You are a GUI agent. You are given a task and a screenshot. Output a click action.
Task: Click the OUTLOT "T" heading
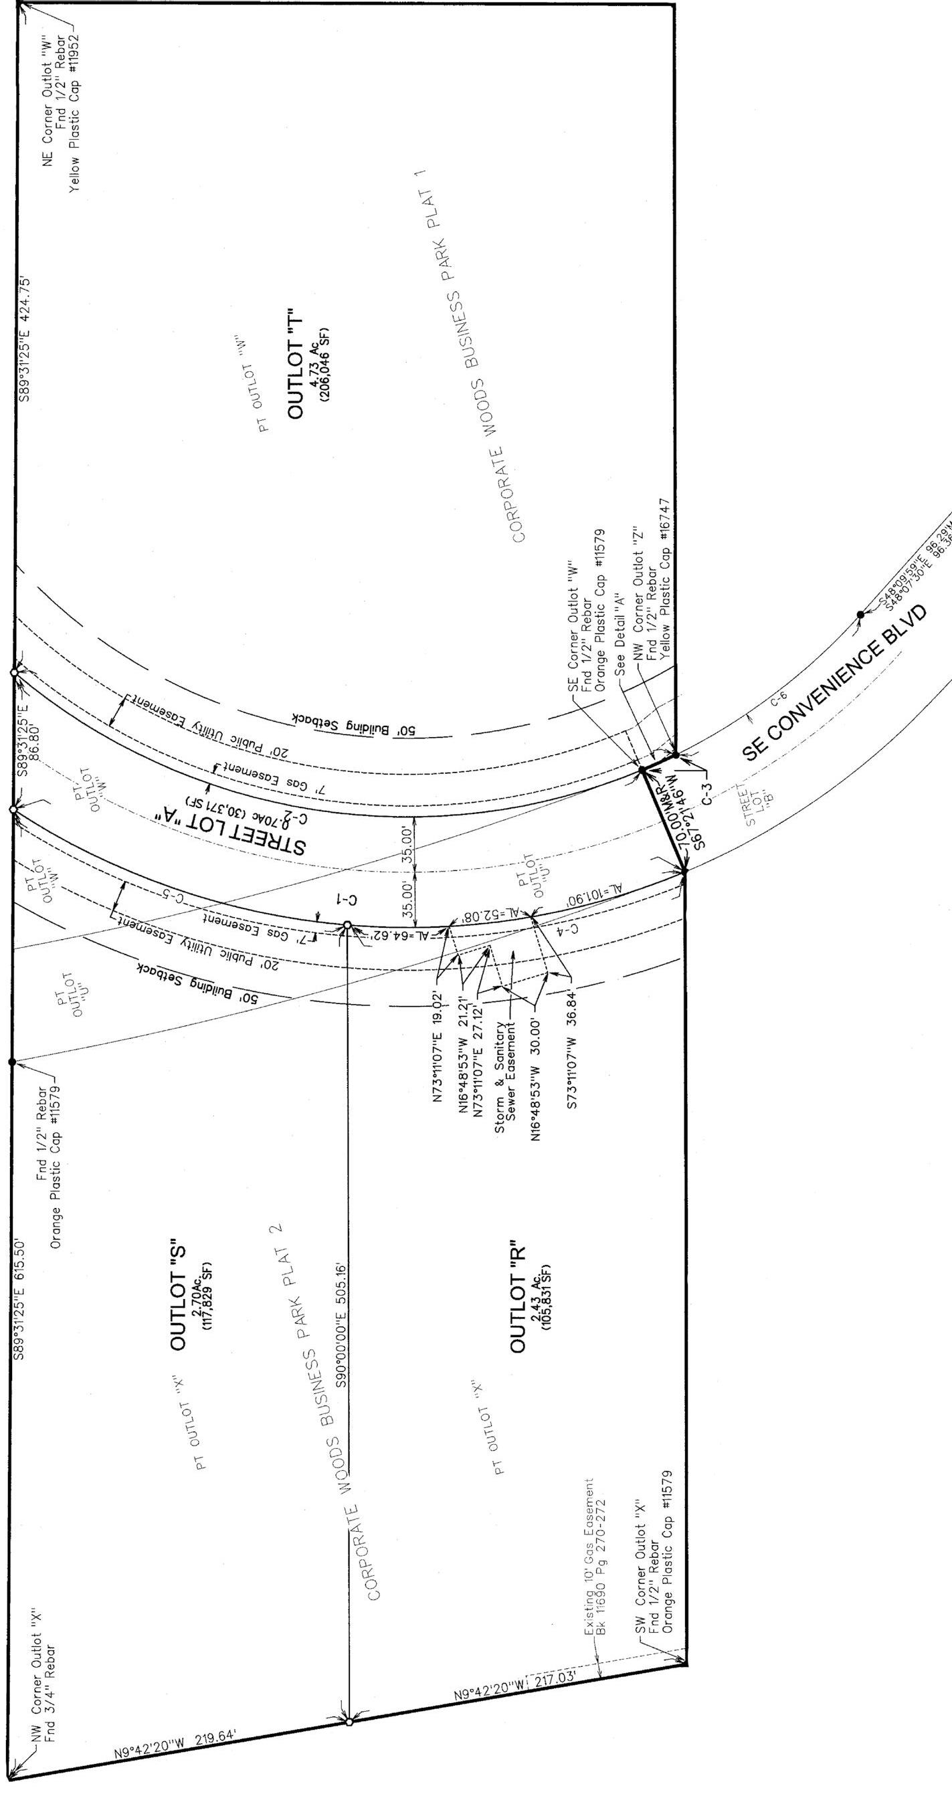click(x=295, y=362)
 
